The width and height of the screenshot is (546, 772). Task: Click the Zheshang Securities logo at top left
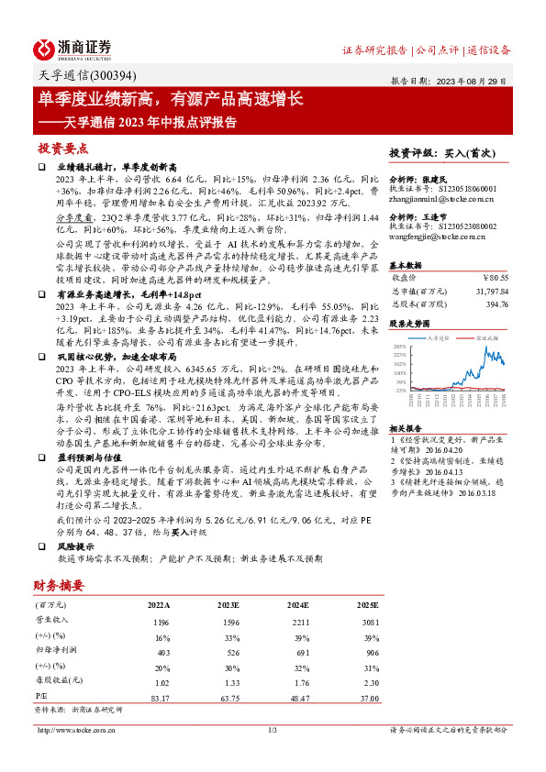[72, 48]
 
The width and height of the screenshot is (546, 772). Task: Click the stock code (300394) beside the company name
[100, 78]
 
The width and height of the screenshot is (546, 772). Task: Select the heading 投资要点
[63, 148]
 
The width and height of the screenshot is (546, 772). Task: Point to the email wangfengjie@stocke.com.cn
[440, 236]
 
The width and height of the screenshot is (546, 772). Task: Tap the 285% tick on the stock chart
[399, 347]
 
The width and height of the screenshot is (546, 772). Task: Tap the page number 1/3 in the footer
[272, 730]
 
